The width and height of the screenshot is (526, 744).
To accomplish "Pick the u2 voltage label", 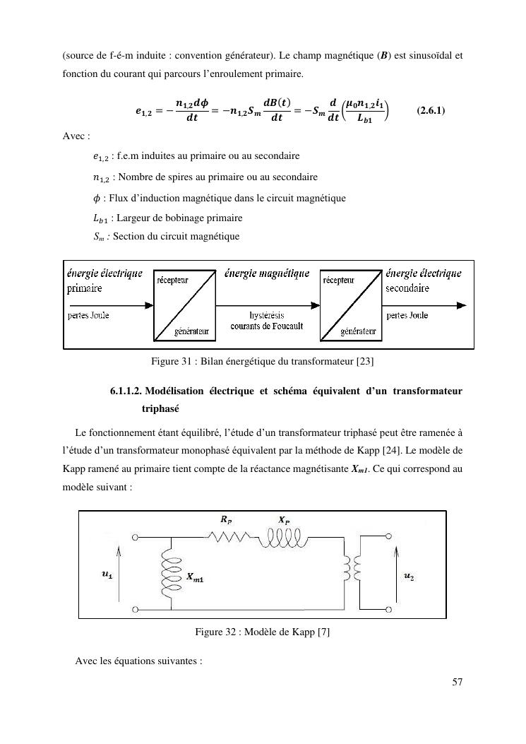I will (409, 576).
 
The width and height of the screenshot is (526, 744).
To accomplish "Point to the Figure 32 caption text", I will (263, 632).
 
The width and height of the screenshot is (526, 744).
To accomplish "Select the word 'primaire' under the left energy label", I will (84, 288).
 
